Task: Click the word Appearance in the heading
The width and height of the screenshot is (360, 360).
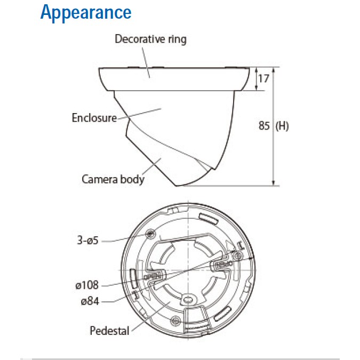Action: coord(86,12)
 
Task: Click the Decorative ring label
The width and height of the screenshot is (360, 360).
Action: coord(150,39)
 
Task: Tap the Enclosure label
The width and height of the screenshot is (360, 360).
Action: coord(94,118)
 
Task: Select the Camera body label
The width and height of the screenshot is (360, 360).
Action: coord(113,179)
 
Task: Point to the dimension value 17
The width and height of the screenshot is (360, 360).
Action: coord(263,79)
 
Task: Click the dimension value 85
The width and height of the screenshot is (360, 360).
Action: coord(264,125)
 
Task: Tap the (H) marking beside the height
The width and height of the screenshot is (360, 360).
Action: coord(282,126)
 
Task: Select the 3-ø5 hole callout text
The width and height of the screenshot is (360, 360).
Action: coord(87,241)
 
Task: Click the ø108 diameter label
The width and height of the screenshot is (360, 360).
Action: coord(87,285)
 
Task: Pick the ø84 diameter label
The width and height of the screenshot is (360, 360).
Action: coord(90,301)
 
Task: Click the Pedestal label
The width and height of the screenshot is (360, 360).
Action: coord(109,331)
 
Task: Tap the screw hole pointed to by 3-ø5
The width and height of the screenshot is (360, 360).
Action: coord(150,234)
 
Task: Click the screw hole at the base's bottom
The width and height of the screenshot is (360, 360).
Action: coord(175,320)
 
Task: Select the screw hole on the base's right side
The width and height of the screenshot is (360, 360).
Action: coord(237,255)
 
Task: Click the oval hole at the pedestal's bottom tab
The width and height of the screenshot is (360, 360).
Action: coord(188,299)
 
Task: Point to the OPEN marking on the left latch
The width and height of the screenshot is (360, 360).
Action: coord(152,276)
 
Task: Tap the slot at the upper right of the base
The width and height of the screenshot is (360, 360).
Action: coord(208,218)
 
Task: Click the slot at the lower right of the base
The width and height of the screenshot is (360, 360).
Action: coord(222,314)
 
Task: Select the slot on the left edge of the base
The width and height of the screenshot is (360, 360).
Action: coord(133,278)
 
